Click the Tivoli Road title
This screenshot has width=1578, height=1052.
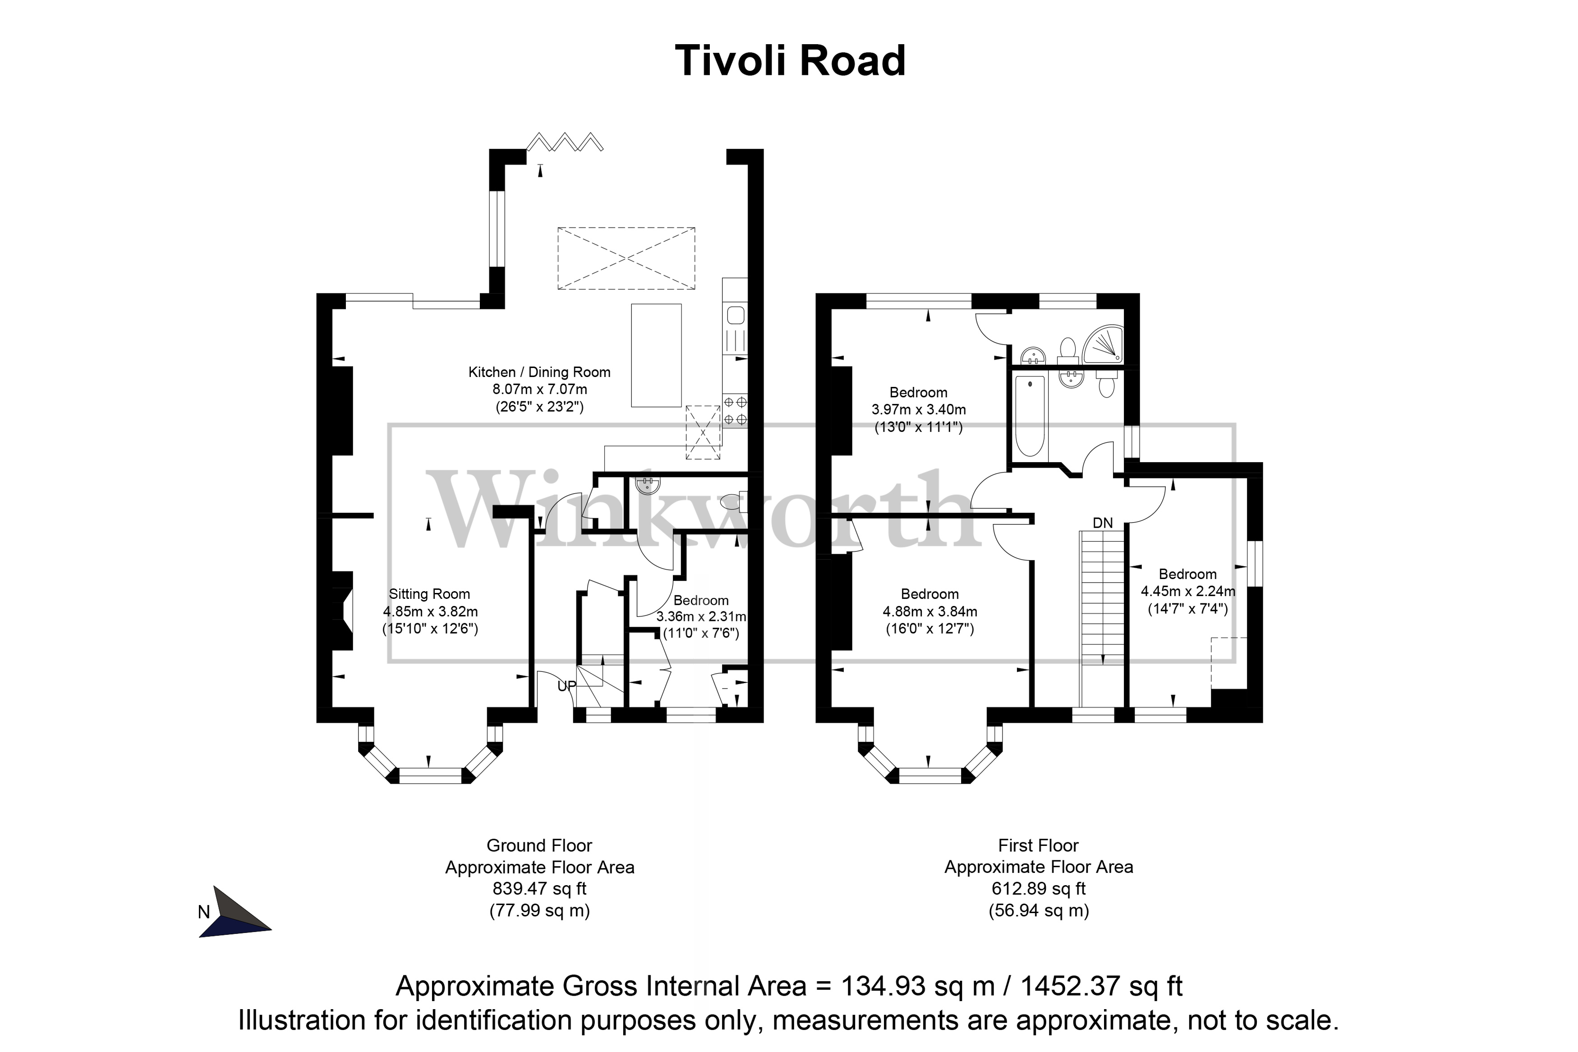(x=790, y=61)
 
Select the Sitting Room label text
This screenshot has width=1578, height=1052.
(x=429, y=594)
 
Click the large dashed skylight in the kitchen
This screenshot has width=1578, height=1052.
(x=626, y=258)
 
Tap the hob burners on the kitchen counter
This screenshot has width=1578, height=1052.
(x=735, y=411)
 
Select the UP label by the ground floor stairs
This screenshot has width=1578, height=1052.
(x=567, y=686)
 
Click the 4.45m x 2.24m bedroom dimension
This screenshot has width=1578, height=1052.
(x=1187, y=592)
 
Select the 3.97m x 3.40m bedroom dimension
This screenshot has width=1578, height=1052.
(x=919, y=410)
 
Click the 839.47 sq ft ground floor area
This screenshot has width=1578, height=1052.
(x=539, y=889)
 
